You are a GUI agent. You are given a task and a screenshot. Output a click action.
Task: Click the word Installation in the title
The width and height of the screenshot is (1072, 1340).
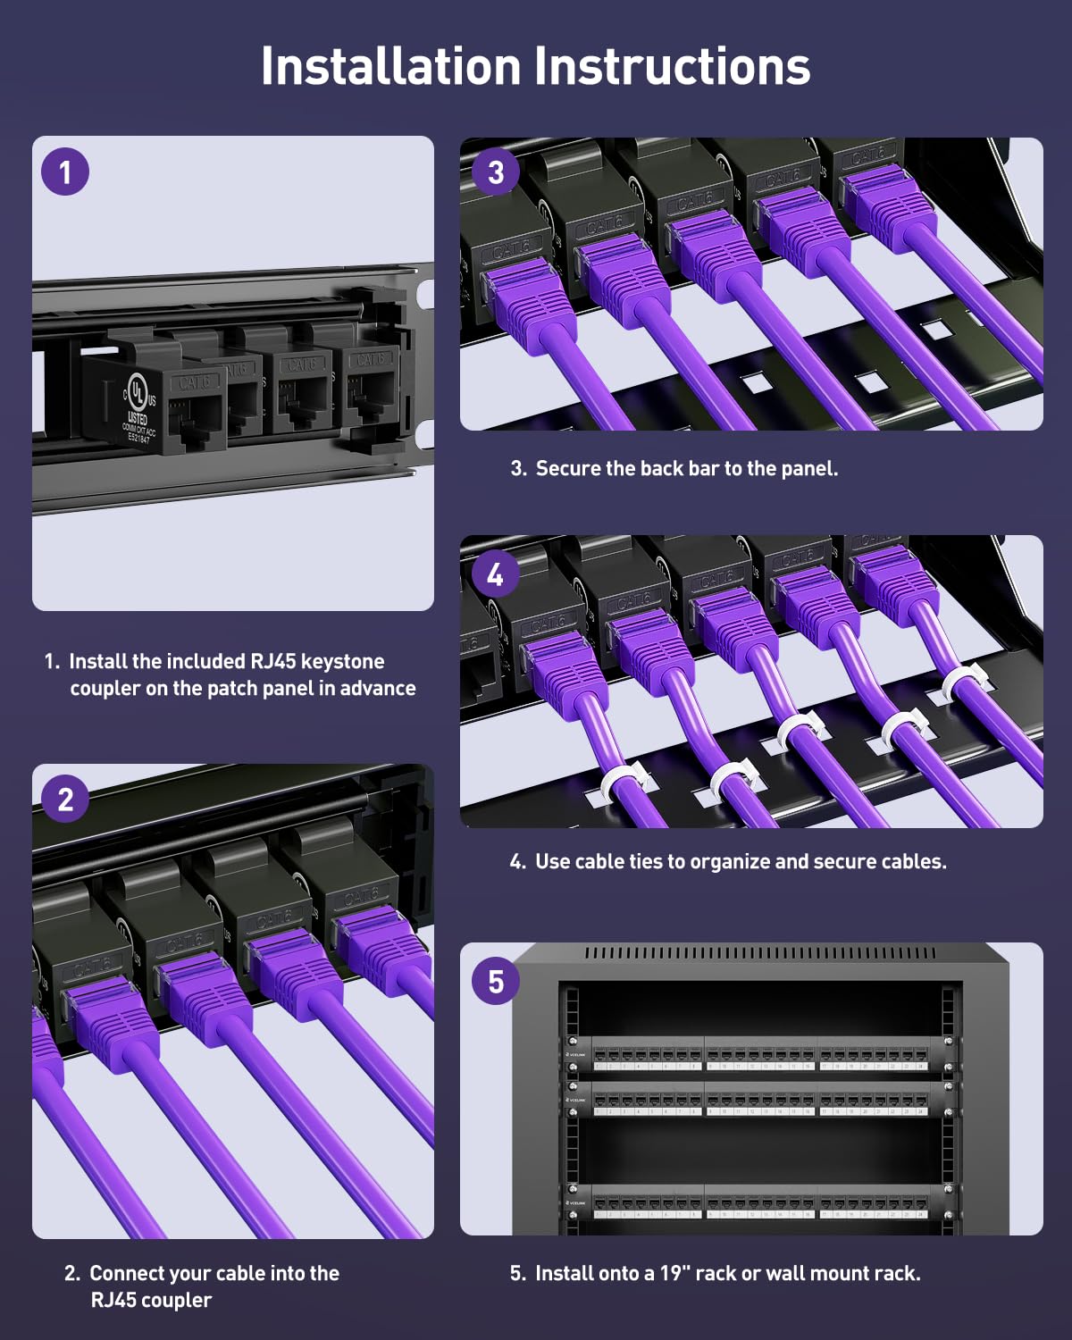[390, 66]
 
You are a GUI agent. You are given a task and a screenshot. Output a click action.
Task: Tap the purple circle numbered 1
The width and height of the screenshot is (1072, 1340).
[65, 172]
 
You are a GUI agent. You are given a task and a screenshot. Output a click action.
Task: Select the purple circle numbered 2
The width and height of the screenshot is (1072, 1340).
[65, 799]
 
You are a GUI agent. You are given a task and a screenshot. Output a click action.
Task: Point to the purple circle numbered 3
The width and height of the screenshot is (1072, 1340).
[496, 172]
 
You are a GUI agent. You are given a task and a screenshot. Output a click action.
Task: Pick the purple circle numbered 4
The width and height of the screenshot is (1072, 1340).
[496, 574]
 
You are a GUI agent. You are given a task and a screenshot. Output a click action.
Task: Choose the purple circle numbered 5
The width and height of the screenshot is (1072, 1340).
[496, 982]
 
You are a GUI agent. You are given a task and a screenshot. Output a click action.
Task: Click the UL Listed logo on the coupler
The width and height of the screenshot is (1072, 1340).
[137, 393]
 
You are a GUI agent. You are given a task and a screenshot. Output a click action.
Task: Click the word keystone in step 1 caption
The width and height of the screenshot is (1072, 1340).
[342, 661]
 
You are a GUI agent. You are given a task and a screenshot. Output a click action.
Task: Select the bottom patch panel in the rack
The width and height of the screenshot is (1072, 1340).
[759, 1202]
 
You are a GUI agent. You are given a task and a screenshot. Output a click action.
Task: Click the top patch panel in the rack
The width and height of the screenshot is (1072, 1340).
[759, 1054]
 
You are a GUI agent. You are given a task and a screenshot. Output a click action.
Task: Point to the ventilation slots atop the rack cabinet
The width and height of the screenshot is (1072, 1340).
[759, 954]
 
